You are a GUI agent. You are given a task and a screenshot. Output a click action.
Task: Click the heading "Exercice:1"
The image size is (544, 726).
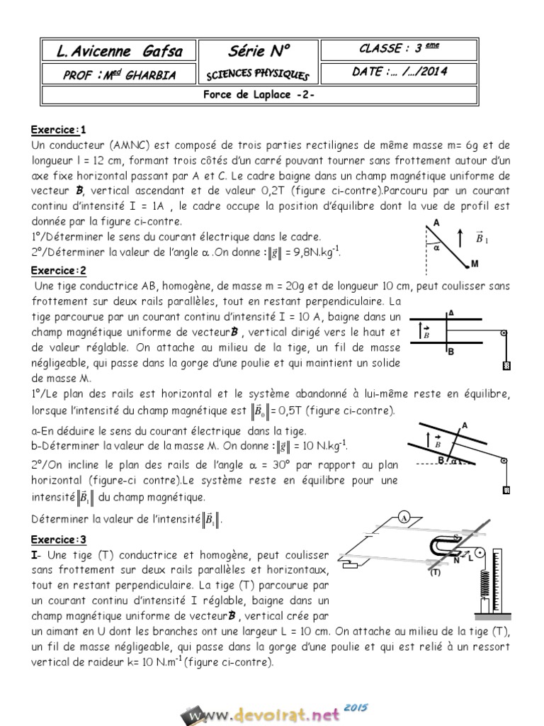(x=58, y=130)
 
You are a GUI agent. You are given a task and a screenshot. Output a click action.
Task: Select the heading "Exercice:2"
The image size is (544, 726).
(x=58, y=270)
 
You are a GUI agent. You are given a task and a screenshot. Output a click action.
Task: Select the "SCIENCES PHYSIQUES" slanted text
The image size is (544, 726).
(x=258, y=74)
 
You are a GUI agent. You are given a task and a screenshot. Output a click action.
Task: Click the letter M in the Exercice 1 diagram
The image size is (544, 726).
(x=475, y=264)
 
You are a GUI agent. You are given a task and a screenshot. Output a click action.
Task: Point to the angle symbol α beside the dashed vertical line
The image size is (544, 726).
(x=437, y=247)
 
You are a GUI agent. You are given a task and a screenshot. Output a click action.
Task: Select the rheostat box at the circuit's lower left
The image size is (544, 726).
(x=352, y=565)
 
